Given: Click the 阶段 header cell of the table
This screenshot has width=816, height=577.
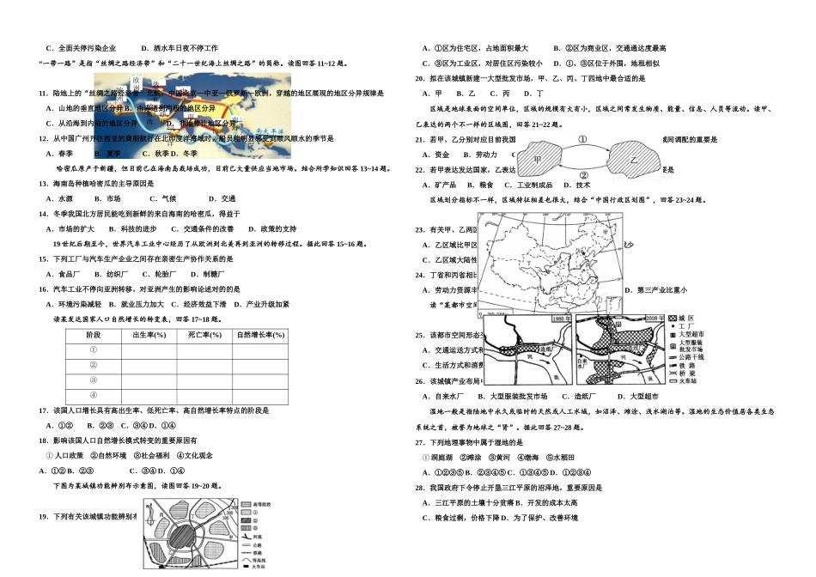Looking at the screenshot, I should tap(94, 334).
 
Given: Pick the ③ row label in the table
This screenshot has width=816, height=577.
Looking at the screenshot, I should tap(94, 380).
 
